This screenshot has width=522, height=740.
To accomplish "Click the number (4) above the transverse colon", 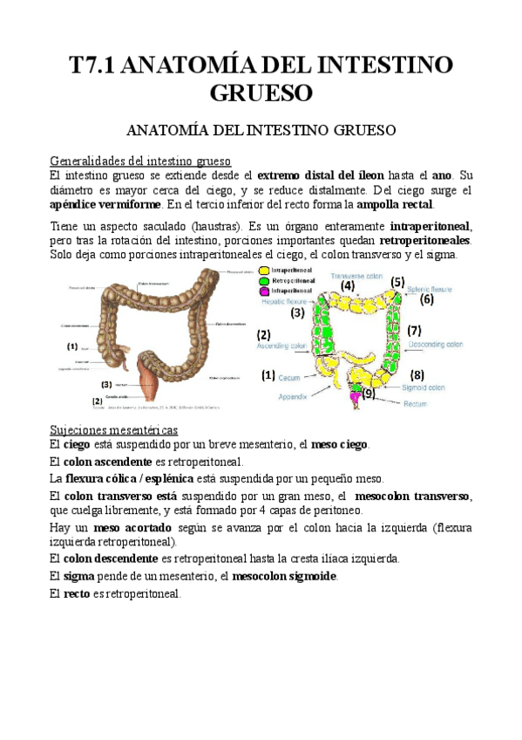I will [x=348, y=284].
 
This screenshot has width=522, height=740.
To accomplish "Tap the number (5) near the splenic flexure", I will [x=397, y=282].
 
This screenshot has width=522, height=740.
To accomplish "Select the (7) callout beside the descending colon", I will [x=414, y=331].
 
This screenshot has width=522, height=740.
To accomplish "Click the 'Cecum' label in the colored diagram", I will [x=289, y=378].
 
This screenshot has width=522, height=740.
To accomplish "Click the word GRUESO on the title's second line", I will [x=261, y=92].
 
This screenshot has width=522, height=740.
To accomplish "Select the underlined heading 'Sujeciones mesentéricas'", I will [x=114, y=430].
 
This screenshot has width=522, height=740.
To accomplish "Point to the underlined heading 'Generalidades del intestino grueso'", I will [x=140, y=161].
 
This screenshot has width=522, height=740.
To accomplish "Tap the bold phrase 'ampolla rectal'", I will [x=396, y=204].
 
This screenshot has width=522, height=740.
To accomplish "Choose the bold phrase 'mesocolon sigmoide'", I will [x=284, y=576].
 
